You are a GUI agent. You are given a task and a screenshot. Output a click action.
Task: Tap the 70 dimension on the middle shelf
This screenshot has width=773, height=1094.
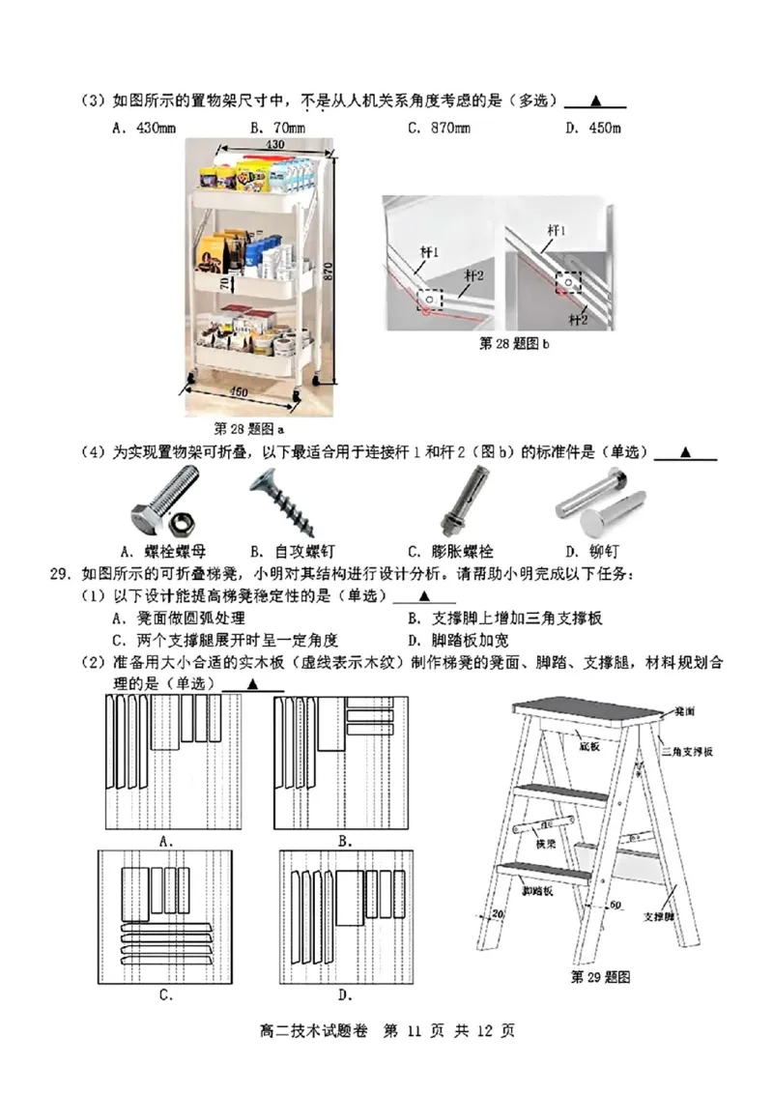(x=221, y=284)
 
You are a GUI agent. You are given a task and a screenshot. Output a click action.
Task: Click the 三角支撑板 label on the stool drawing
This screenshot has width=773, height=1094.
(x=688, y=751)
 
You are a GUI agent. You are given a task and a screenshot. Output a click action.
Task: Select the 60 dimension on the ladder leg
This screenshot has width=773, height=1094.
(x=614, y=905)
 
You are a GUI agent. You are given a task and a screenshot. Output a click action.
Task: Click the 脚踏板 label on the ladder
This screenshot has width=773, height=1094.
(x=537, y=890)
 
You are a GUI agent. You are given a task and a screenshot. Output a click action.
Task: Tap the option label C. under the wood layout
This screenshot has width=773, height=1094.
(x=165, y=993)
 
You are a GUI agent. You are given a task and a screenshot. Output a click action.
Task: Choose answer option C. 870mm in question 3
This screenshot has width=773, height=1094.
(x=439, y=128)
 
